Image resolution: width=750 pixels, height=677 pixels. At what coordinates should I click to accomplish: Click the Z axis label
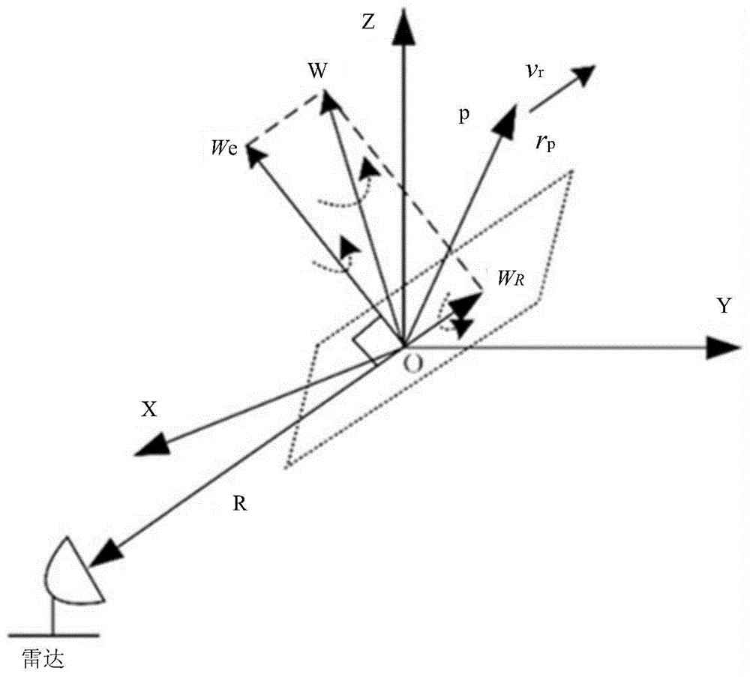pos(367,22)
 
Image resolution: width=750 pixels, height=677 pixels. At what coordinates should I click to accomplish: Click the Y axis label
pos(723,306)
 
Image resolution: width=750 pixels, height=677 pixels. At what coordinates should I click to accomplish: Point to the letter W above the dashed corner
pos(317,71)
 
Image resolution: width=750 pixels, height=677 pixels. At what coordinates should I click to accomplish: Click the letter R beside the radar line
pos(239,505)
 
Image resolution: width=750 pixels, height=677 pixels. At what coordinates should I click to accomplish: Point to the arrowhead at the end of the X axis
pos(151,446)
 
